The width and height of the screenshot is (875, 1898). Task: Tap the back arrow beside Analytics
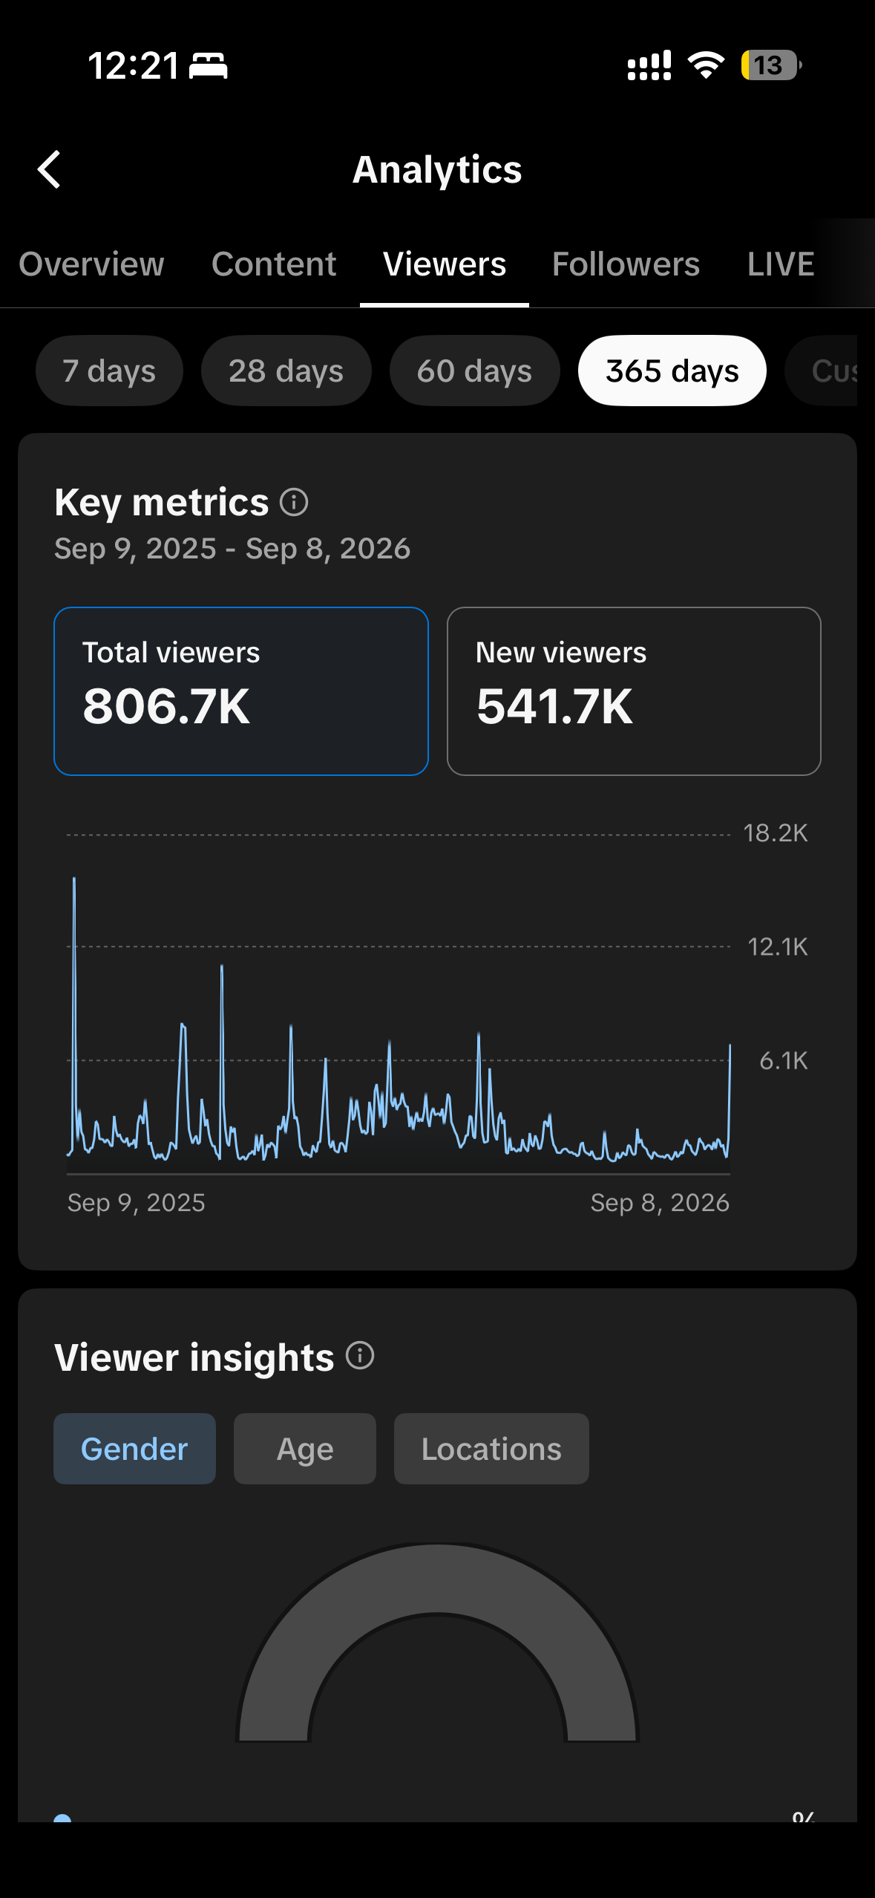[49, 169]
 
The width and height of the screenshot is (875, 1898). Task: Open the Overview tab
[91, 264]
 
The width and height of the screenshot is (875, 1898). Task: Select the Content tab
[274, 264]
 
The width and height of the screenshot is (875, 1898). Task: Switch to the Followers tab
[626, 264]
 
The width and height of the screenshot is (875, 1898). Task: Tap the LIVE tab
[781, 264]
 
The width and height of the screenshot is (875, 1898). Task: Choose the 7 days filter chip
[109, 371]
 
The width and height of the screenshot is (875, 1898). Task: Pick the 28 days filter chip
[286, 371]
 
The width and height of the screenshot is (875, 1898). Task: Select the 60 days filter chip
[474, 371]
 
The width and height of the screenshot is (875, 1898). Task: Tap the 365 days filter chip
[672, 371]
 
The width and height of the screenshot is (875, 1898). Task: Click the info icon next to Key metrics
[294, 502]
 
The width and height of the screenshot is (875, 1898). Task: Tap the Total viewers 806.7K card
[241, 691]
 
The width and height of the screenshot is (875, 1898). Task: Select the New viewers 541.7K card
[634, 691]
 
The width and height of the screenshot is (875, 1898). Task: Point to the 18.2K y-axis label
[776, 833]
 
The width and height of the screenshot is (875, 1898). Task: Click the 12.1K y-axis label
[778, 947]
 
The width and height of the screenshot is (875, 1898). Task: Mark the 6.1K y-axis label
[784, 1060]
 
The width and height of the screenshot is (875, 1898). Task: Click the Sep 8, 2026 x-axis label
[660, 1202]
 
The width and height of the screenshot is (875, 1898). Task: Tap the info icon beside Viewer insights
[360, 1356]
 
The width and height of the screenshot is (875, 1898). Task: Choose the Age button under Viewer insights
[305, 1449]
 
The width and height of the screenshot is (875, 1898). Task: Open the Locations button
[491, 1449]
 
